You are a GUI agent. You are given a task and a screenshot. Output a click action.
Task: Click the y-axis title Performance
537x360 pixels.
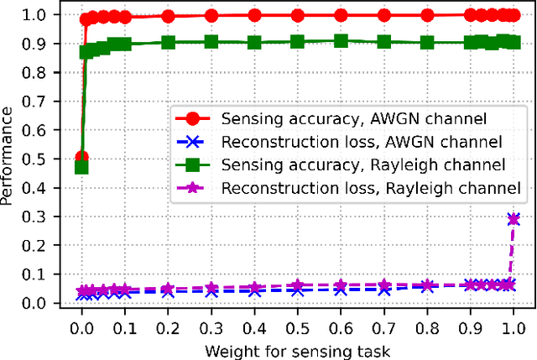tap(11, 159)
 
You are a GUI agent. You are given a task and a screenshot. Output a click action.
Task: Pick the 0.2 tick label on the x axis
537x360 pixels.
tap(168, 324)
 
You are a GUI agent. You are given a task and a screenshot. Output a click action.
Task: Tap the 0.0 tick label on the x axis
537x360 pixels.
tap(81, 324)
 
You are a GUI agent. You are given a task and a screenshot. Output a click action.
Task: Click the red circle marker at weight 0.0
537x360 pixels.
tap(81, 158)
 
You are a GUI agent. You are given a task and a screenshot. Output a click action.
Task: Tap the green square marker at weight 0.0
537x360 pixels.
tap(81, 167)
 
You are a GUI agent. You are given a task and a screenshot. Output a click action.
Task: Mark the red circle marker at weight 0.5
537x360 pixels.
tap(297, 15)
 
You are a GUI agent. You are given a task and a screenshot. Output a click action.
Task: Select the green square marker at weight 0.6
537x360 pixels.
tap(341, 40)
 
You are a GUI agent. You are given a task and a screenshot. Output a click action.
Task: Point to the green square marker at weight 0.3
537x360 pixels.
tap(211, 41)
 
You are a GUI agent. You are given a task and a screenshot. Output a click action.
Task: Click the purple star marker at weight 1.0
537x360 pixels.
tap(514, 218)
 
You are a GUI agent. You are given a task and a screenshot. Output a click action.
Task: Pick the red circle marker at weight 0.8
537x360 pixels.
tap(427, 15)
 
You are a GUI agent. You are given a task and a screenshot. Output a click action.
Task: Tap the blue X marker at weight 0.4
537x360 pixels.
tap(254, 290)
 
